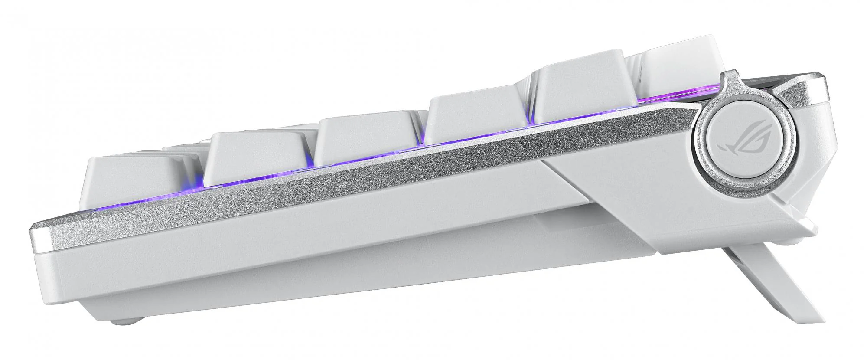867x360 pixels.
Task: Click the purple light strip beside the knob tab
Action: (x=676, y=98)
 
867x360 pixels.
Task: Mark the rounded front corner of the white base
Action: (x=43, y=278)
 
